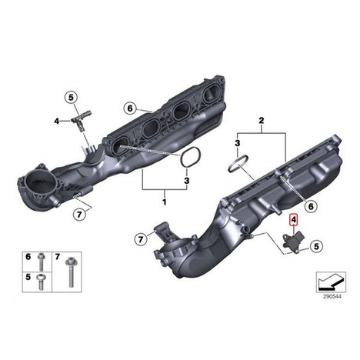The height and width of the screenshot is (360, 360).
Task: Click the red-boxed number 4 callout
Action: coord(294,220)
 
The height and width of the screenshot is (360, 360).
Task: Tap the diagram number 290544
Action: coord(332,297)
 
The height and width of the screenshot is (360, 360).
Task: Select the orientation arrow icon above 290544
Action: coord(331,282)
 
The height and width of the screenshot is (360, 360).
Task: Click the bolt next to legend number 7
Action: coord(70,272)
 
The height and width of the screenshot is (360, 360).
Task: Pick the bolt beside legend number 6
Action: coord(41,262)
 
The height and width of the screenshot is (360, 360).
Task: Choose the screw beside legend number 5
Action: coord(41,282)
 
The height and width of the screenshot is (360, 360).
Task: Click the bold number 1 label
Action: coord(165,202)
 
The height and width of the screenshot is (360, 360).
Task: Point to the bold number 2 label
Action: coord(262,121)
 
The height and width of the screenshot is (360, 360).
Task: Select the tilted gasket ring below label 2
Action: coord(238,165)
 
